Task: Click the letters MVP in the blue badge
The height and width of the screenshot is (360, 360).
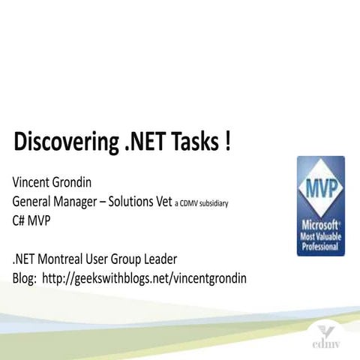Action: [320, 185]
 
